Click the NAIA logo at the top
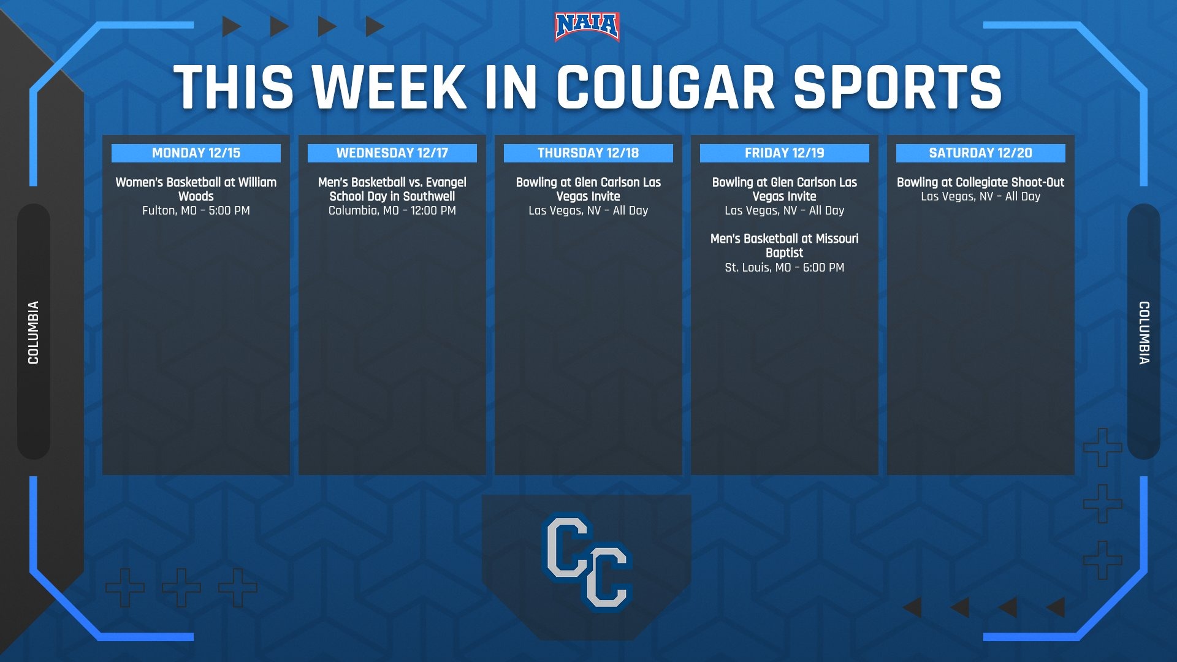click(587, 27)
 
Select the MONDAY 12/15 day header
click(196, 153)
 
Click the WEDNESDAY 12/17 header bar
click(392, 153)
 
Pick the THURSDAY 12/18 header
click(588, 153)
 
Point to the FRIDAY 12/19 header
click(785, 153)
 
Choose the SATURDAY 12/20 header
click(981, 153)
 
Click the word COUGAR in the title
click(665, 87)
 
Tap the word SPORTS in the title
click(898, 87)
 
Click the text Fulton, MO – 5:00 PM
click(196, 211)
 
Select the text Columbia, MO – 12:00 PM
click(392, 211)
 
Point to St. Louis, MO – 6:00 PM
click(785, 267)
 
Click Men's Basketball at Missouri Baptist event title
click(785, 246)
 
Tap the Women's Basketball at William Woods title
click(196, 189)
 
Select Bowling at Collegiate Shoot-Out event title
click(981, 182)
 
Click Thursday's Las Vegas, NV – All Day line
click(588, 211)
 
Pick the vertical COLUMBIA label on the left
click(33, 332)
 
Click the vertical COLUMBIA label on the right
click(1144, 332)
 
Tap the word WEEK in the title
click(390, 87)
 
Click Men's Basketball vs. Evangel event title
click(392, 189)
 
